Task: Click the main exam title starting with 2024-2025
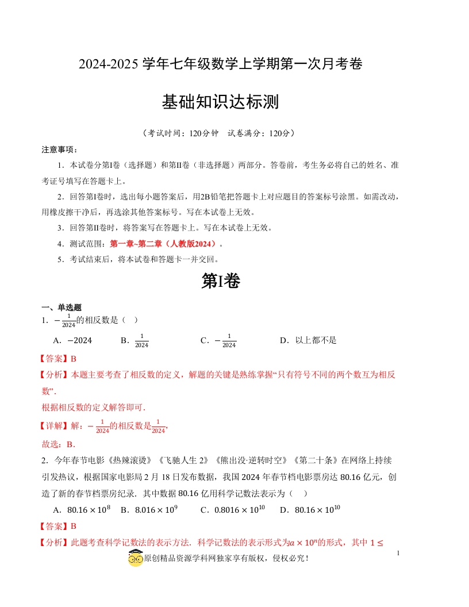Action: pos(221,64)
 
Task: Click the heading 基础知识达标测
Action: pos(221,102)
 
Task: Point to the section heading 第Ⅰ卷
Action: pos(221,281)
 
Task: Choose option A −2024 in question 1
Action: pos(73,340)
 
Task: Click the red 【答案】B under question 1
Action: pos(58,359)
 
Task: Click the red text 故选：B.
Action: pos(59,444)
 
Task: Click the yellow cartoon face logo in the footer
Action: pos(135,558)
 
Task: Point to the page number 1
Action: pos(398,553)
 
